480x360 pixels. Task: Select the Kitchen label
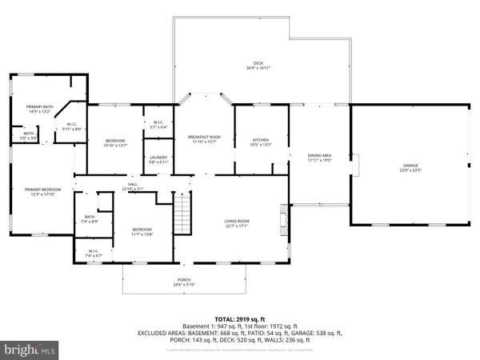261,139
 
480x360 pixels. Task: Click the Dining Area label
320,155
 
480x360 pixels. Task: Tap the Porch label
184,281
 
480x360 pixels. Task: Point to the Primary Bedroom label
36,190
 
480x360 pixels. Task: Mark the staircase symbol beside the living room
185,214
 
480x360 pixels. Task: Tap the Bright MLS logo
30,350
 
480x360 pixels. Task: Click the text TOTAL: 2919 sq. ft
239,318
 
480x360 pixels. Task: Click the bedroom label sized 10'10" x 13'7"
115,142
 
